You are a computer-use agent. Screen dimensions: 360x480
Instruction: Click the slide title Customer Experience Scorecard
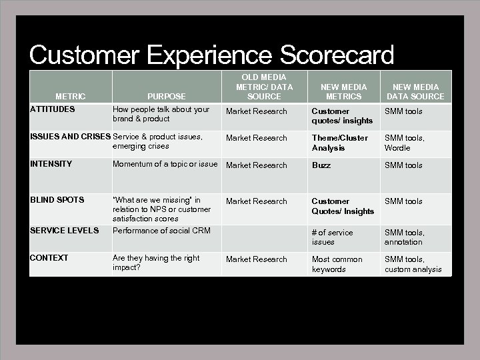click(211, 55)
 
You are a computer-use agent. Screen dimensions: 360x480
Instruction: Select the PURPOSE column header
click(167, 97)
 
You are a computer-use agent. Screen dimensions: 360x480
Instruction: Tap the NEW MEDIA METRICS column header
click(343, 92)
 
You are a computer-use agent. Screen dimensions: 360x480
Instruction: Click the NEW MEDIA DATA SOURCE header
click(415, 92)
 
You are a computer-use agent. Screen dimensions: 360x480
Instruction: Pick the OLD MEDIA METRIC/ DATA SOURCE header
click(264, 87)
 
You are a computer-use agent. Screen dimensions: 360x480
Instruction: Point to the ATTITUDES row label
click(53, 109)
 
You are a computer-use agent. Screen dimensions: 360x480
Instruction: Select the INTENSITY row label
click(51, 164)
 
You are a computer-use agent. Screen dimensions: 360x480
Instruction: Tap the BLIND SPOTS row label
click(57, 200)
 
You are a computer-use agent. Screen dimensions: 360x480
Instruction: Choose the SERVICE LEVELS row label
click(64, 231)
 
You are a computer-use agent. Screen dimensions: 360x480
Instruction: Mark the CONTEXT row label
click(49, 258)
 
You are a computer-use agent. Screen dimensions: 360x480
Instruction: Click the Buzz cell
click(321, 165)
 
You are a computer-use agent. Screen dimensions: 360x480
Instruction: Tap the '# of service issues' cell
click(333, 237)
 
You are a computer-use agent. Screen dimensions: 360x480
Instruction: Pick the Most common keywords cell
click(337, 264)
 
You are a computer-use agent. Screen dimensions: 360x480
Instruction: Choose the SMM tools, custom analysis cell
click(413, 264)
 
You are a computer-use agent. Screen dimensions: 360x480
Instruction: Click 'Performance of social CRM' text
click(161, 231)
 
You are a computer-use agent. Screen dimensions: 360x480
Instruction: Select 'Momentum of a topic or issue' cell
click(165, 164)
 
